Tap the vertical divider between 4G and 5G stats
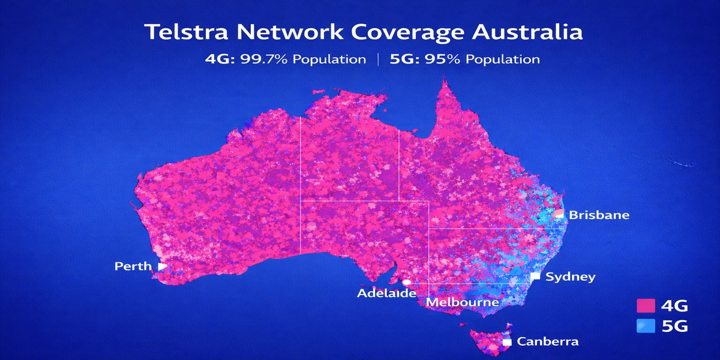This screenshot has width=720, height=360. tap(378, 59)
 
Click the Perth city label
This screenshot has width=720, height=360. tap(133, 266)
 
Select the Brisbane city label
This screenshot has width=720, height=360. tap(599, 215)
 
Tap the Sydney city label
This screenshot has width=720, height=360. tap(571, 277)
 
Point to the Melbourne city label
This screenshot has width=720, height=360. tap(462, 302)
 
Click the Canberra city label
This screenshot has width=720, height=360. tap(548, 342)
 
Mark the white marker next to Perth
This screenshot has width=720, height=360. tap(162, 266)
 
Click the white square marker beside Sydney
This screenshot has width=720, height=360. tap(535, 277)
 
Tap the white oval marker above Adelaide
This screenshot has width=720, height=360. tap(407, 281)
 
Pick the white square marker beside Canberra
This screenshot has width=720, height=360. tap(507, 342)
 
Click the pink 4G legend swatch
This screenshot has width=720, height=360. tap(645, 306)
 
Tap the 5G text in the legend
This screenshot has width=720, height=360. tap(673, 327)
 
